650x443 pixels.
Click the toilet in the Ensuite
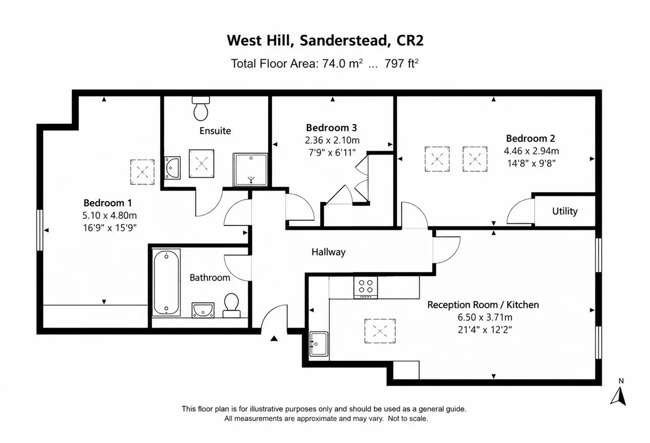[201, 108]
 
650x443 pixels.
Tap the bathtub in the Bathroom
[166, 282]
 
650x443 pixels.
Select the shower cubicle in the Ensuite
[250, 170]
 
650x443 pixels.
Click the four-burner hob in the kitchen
[366, 287]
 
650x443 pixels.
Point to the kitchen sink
[319, 344]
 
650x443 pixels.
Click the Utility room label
[565, 211]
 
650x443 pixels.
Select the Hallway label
[328, 252]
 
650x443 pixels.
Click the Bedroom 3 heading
[331, 128]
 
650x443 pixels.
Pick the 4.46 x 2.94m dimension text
[531, 151]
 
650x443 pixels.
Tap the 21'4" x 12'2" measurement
[485, 330]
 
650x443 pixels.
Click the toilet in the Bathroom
[231, 305]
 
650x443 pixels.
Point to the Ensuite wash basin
[173, 168]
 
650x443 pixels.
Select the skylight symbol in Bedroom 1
[142, 172]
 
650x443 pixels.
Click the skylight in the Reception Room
[380, 331]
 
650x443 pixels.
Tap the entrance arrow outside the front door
[274, 338]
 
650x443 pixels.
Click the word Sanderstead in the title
[343, 40]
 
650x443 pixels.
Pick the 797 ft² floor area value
[401, 64]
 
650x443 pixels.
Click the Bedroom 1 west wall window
[40, 230]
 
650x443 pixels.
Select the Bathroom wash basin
[203, 310]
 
